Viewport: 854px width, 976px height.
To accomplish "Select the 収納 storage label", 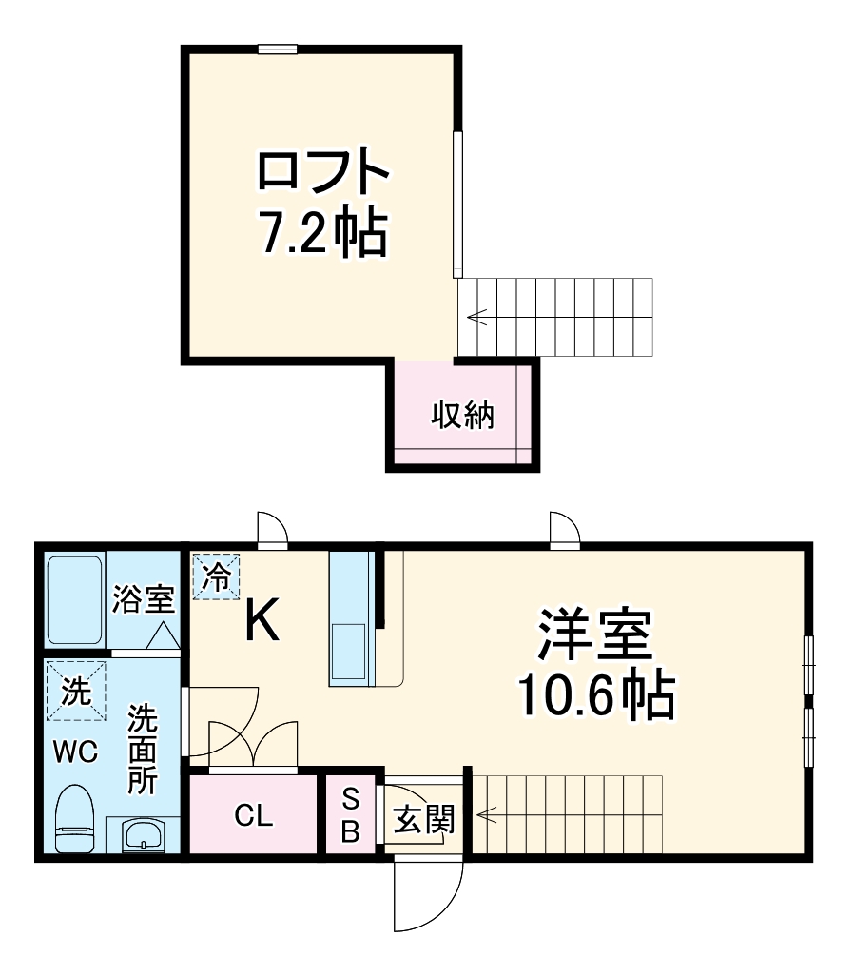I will [463, 415].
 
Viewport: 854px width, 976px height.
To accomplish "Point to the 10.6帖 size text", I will [595, 696].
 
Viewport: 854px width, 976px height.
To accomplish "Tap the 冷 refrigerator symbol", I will [217, 576].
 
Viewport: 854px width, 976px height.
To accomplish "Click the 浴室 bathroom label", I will [143, 600].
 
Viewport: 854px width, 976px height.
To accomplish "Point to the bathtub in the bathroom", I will [74, 600].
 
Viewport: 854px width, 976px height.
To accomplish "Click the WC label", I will [74, 752].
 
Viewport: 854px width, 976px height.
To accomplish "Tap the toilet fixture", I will [73, 819].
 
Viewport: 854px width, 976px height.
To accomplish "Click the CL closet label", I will [254, 815].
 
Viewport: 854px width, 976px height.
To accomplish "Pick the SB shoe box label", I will [350, 815].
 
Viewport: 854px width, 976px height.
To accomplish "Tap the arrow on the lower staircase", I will [488, 815].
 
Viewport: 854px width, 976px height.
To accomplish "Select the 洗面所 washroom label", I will [143, 748].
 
